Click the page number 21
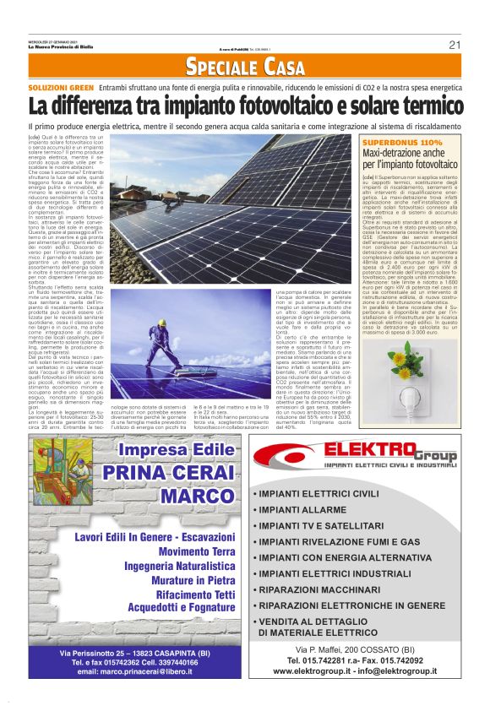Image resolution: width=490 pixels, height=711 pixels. click(454, 45)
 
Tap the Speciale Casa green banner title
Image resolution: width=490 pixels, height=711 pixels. click(245, 67)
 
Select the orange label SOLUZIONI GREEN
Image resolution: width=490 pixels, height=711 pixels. click(61, 87)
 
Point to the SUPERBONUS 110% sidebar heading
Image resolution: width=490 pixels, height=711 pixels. click(402, 143)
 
